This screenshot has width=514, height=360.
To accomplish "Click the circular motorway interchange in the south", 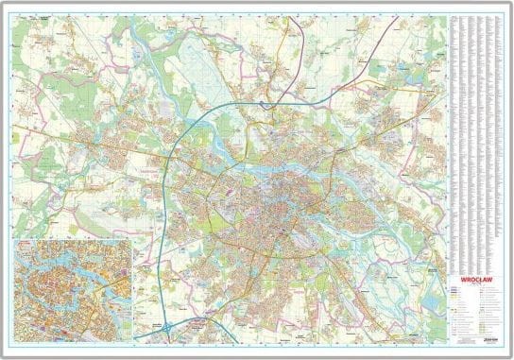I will pos(167,327).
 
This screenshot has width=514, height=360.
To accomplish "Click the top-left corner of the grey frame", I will pos(3,3).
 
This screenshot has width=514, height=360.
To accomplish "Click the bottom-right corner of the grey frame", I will pos(510,356).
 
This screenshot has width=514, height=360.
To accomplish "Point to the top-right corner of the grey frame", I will pos(510,3).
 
